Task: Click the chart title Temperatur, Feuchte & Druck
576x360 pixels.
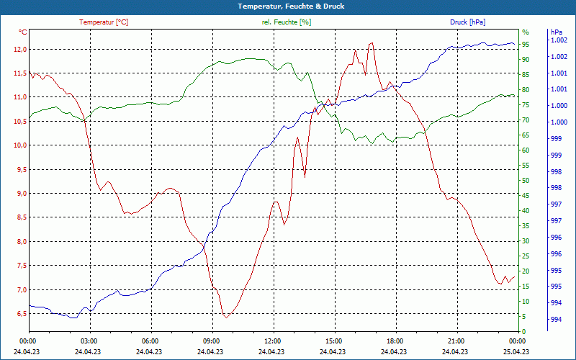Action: pos(291,6)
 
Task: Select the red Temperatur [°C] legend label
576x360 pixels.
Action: pos(104,22)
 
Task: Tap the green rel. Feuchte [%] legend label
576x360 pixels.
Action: pos(287,22)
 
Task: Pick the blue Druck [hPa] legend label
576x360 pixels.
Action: pos(467,22)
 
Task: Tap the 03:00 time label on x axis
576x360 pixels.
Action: pos(89,341)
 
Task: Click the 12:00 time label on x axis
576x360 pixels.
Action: pos(273,341)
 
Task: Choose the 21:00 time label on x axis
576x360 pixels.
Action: pos(456,341)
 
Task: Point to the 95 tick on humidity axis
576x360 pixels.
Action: pos(526,44)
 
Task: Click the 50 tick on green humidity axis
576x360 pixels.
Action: pos(526,181)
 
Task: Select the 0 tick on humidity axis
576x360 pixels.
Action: pos(524,331)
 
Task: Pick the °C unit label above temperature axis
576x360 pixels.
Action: pos(23,32)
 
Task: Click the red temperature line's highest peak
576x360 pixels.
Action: pos(372,42)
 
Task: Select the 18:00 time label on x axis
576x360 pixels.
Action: pos(395,341)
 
